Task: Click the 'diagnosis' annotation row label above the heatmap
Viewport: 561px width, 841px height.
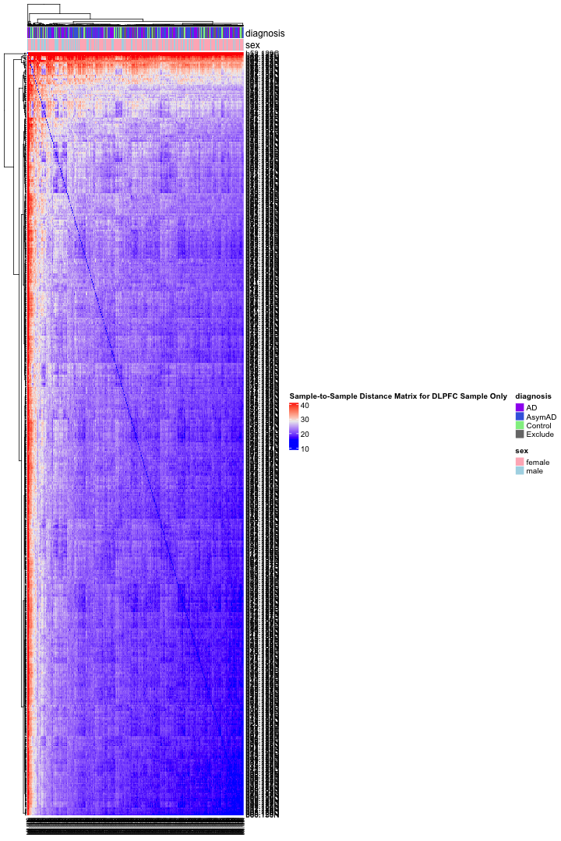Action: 265,33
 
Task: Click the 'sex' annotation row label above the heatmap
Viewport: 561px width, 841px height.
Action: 252,46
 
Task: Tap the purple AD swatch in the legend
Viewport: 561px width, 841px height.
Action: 520,408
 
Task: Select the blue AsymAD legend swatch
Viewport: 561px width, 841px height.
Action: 520,417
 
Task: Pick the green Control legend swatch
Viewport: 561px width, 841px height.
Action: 520,426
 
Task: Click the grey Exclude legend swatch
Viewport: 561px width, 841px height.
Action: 520,435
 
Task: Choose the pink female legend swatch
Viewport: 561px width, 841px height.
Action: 520,463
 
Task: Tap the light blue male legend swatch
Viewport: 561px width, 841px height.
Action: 520,471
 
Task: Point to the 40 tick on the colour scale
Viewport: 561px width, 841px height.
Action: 305,406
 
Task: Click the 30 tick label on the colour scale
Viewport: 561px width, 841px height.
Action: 305,420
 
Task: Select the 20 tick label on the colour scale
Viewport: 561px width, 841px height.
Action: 305,434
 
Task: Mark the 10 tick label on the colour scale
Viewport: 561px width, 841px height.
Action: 305,448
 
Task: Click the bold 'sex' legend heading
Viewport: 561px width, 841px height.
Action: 522,451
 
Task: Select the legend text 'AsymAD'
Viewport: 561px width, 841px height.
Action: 541,417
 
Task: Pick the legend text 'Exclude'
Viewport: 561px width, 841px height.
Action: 540,435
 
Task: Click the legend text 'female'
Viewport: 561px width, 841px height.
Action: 538,463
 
